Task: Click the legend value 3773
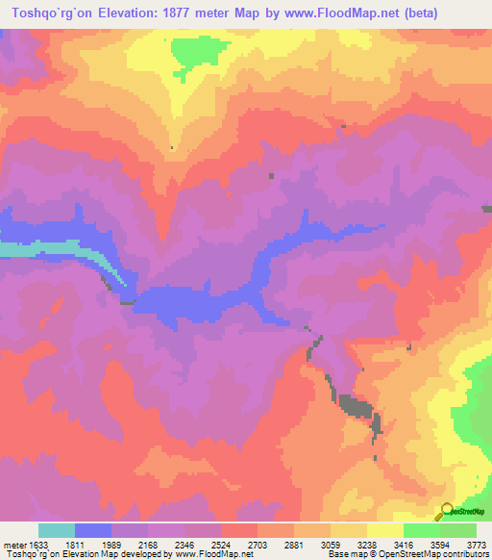(478, 545)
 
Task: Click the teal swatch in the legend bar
(57, 530)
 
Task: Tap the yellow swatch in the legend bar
(385, 530)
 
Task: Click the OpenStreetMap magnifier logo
(446, 511)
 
